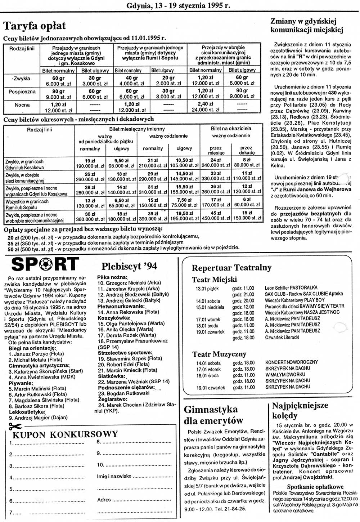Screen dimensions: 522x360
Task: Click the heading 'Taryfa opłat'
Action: pyautogui.click(x=35, y=26)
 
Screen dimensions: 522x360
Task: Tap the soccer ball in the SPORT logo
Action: pyautogui.click(x=45, y=264)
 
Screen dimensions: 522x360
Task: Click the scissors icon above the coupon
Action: pyautogui.click(x=15, y=427)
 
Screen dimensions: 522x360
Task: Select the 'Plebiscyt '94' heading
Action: pyautogui.click(x=129, y=266)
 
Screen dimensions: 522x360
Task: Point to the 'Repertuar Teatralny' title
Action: pyautogui.click(x=231, y=268)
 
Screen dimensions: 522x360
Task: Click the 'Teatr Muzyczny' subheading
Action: pyautogui.click(x=219, y=354)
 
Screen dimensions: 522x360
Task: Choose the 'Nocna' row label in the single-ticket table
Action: pyautogui.click(x=22, y=105)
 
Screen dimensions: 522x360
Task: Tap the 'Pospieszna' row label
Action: pyautogui.click(x=22, y=92)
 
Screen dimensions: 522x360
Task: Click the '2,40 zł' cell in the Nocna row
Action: pyautogui.click(x=206, y=104)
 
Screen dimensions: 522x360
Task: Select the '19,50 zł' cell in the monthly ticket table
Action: pyautogui.click(x=184, y=213)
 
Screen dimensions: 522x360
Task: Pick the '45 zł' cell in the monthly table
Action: pyautogui.click(x=216, y=213)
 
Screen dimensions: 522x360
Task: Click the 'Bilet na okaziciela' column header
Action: pyautogui.click(x=231, y=128)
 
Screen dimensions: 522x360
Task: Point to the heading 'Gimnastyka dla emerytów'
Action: pyautogui.click(x=213, y=415)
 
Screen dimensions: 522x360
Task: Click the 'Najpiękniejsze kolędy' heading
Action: pyautogui.click(x=300, y=410)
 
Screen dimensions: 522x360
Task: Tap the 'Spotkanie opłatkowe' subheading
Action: pyautogui.click(x=315, y=487)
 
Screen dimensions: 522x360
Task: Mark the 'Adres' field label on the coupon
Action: pyautogui.click(x=104, y=500)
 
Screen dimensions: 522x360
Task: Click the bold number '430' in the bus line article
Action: pyautogui.click(x=332, y=92)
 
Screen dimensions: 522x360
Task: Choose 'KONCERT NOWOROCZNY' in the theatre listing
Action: pyautogui.click(x=292, y=362)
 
